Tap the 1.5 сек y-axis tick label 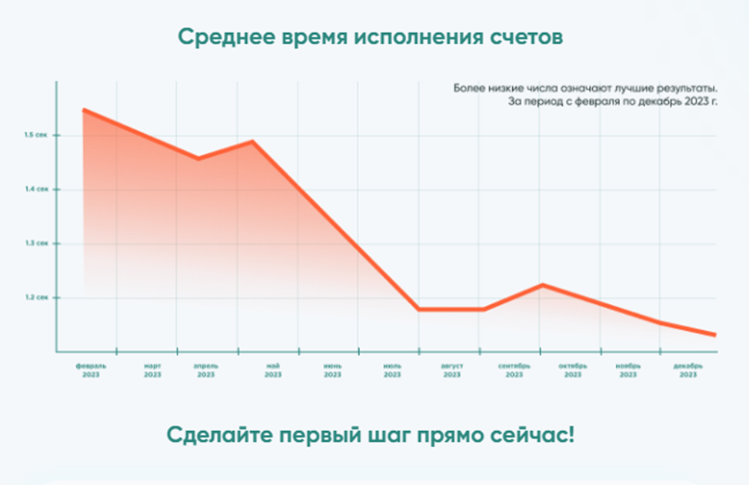(x=35, y=135)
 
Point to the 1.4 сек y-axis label (x=35, y=189)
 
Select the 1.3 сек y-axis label (x=35, y=243)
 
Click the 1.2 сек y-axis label (x=35, y=297)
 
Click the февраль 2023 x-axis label (x=91, y=370)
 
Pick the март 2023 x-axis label (x=152, y=370)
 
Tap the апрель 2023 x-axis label (x=205, y=370)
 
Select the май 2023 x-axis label (x=273, y=370)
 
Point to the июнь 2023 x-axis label (x=332, y=370)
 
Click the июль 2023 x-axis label (x=392, y=370)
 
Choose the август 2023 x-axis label (x=451, y=370)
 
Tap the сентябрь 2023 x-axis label (x=514, y=370)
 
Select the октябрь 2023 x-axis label (x=573, y=370)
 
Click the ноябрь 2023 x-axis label (x=628, y=370)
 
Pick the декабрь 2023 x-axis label (x=687, y=370)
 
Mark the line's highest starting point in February (x=84, y=110)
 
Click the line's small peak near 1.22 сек (x=542, y=285)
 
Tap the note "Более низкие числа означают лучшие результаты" (x=584, y=89)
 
